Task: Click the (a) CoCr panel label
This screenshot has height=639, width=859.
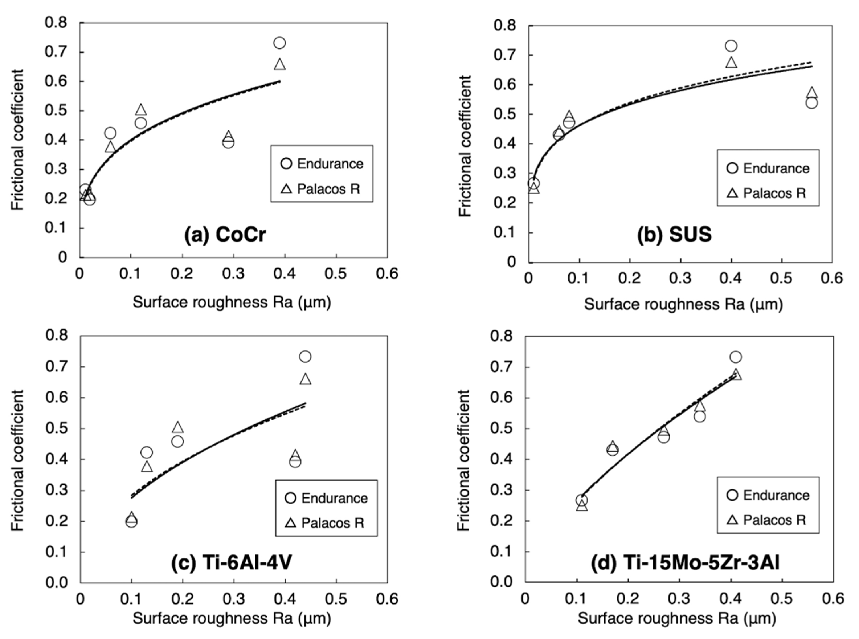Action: [225, 234]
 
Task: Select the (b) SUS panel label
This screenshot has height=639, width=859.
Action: [674, 234]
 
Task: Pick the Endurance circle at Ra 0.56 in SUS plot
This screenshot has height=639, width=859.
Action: [811, 103]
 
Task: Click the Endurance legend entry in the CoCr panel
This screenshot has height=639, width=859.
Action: [322, 164]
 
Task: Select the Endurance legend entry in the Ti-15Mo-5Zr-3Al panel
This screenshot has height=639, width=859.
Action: [768, 495]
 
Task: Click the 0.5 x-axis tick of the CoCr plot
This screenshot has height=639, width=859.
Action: [336, 274]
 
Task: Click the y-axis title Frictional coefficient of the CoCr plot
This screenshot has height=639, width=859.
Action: [17, 140]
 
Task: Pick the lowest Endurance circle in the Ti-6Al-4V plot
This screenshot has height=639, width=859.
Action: [132, 521]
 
